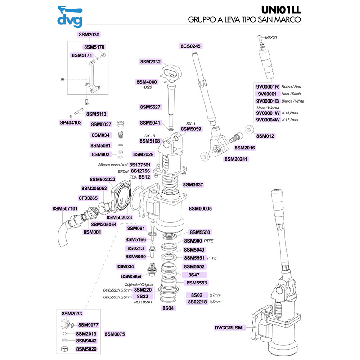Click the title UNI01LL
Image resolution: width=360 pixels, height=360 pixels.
[281, 9]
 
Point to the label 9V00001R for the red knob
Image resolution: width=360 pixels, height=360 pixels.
[267, 86]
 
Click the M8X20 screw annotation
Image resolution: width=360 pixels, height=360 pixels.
[271, 38]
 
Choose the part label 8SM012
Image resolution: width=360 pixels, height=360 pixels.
[265, 135]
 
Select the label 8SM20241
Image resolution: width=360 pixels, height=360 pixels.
[237, 159]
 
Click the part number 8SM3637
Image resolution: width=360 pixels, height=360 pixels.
[193, 184]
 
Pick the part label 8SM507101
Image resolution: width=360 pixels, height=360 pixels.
[65, 209]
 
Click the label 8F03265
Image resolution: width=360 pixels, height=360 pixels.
[88, 198]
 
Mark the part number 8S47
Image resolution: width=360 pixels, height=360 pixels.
[194, 274]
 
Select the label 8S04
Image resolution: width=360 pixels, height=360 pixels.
[168, 308]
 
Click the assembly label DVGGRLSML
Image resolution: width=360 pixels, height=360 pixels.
[229, 328]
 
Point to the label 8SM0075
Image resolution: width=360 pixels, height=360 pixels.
[114, 334]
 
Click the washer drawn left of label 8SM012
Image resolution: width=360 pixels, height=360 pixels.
[248, 130]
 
